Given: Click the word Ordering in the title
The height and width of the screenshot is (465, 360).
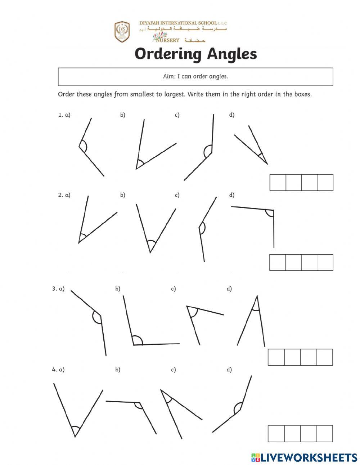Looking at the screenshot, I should click(x=168, y=54).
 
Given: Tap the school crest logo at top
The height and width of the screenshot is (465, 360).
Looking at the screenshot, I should click(x=122, y=32).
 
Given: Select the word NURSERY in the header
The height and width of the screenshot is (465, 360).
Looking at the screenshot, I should click(x=167, y=40).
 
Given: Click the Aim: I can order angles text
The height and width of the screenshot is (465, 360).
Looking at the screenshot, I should click(x=195, y=76).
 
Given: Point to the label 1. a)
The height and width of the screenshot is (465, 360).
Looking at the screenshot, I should click(x=64, y=115).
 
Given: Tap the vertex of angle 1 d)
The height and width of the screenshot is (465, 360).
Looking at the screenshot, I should click(x=267, y=164).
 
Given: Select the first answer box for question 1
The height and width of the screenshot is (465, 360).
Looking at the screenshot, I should click(x=278, y=183).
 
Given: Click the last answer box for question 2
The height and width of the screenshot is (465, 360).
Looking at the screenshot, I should click(x=325, y=262).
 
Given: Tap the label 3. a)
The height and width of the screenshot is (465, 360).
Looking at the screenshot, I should click(x=58, y=289).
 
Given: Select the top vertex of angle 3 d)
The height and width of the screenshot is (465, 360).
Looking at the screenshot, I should click(x=257, y=296).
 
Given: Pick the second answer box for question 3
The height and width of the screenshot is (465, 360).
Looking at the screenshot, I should click(x=292, y=357).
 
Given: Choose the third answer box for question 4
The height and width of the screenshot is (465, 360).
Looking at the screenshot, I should click(x=308, y=434).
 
